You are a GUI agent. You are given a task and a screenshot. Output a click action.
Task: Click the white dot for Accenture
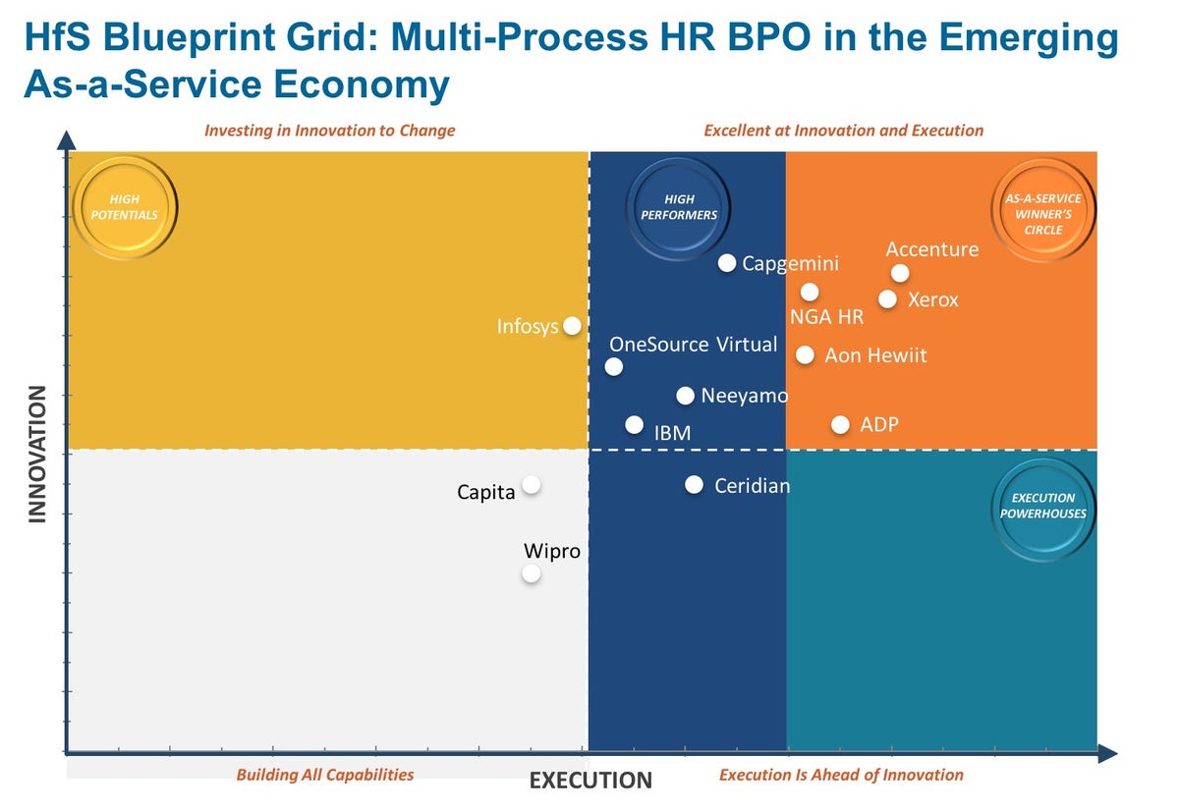[x=899, y=274]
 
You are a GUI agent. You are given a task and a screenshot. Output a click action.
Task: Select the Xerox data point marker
[x=887, y=299]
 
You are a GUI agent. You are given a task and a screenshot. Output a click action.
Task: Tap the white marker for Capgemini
[x=727, y=263]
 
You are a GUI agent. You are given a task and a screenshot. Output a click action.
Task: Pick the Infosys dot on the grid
[x=572, y=326]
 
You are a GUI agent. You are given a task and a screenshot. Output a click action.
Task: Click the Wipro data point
[x=532, y=573]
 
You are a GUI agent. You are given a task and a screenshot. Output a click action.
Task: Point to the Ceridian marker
[x=694, y=485]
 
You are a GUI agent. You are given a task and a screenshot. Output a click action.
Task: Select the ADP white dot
[x=840, y=425]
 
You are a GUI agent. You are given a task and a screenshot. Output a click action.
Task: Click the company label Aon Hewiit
[x=875, y=355]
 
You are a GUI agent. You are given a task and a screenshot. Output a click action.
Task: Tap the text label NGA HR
[x=826, y=317]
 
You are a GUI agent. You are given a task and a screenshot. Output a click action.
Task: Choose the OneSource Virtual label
[x=693, y=345]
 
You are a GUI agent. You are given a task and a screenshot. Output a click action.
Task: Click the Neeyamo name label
[x=744, y=397]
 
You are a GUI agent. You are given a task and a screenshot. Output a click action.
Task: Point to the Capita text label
[x=486, y=492]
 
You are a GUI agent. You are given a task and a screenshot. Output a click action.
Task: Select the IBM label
[x=672, y=432]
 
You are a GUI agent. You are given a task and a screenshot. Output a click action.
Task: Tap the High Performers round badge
[x=679, y=207]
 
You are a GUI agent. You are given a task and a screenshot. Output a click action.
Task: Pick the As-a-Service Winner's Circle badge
[x=1042, y=214]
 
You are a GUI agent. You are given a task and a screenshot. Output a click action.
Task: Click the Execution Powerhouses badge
[x=1042, y=506]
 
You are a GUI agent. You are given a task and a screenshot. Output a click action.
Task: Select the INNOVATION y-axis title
[x=37, y=454]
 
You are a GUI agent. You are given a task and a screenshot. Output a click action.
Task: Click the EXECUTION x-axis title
[x=590, y=781]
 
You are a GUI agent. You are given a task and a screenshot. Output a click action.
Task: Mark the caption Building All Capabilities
[x=325, y=775]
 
